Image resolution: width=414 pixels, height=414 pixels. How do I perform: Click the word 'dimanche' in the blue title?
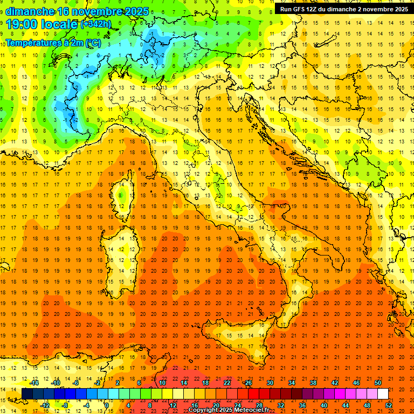pyautogui.click(x=30, y=11)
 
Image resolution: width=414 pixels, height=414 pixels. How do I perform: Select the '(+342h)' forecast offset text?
pyautogui.click(x=95, y=24)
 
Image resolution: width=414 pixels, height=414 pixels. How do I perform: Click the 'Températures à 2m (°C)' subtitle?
pyautogui.click(x=53, y=42)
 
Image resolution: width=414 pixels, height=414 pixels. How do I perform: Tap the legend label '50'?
pyautogui.click(x=377, y=383)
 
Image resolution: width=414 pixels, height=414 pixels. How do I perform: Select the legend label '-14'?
pyautogui.click(x=34, y=383)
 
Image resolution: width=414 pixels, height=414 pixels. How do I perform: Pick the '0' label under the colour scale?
pyautogui.click(x=107, y=405)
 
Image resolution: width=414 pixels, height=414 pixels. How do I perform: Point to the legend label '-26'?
pyautogui.click(x=247, y=383)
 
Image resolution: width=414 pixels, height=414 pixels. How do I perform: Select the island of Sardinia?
pyautogui.click(x=123, y=253)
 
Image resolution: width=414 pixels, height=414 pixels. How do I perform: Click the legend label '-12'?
pyautogui.click(x=45, y=405)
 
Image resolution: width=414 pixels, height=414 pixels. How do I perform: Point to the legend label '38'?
pyautogui.click(x=313, y=383)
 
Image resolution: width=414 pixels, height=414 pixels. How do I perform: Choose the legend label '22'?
pyautogui.click(x=227, y=383)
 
